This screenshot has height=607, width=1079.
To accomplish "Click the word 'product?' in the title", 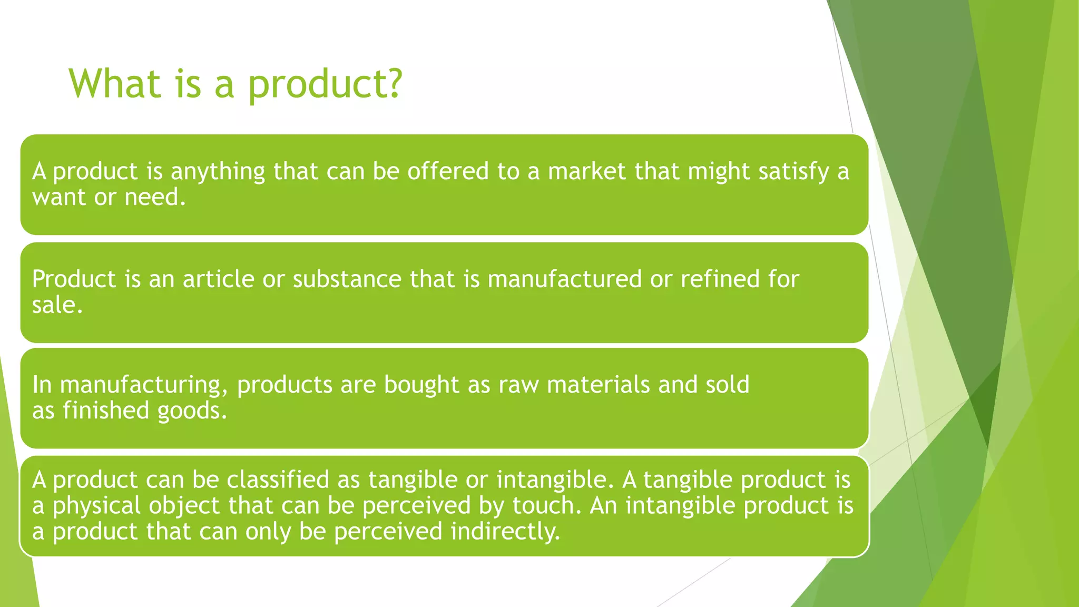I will click(x=325, y=84).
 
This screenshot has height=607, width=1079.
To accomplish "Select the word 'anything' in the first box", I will click(x=218, y=172).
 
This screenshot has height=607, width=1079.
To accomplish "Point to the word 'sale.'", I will click(x=57, y=305).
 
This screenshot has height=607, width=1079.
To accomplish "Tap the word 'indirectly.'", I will click(x=505, y=531).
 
